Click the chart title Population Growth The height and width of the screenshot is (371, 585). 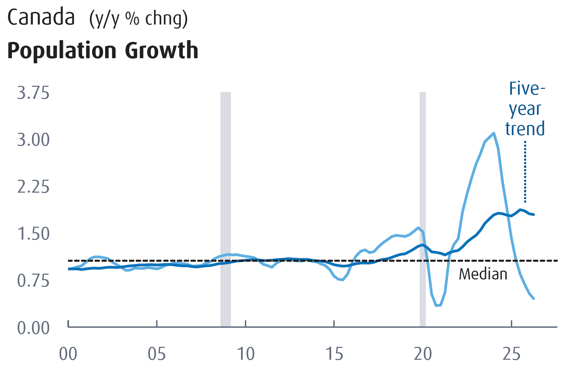(x=103, y=50)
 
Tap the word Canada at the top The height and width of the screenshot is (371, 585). (x=41, y=17)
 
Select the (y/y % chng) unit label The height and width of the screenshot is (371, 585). (x=138, y=19)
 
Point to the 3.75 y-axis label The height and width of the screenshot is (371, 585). (x=33, y=93)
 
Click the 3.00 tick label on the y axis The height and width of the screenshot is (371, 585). (x=33, y=140)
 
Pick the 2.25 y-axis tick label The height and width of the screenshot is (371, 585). (x=33, y=187)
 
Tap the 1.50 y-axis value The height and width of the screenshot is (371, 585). (x=33, y=234)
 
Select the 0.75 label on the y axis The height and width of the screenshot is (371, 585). (x=33, y=281)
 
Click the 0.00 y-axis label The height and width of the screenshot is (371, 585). (x=33, y=328)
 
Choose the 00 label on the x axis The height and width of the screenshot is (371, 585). (x=68, y=354)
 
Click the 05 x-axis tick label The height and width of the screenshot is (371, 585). (x=157, y=354)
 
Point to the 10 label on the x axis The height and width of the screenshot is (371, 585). (x=246, y=354)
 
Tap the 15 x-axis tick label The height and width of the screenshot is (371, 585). (x=334, y=354)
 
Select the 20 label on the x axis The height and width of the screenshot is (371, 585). (x=423, y=354)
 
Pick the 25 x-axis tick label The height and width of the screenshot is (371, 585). (x=512, y=354)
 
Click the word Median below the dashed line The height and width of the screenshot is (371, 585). (x=483, y=274)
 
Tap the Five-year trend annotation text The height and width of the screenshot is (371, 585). (x=525, y=109)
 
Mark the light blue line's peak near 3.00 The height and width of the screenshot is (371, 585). (x=494, y=133)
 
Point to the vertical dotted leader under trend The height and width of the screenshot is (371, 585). (x=525, y=172)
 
